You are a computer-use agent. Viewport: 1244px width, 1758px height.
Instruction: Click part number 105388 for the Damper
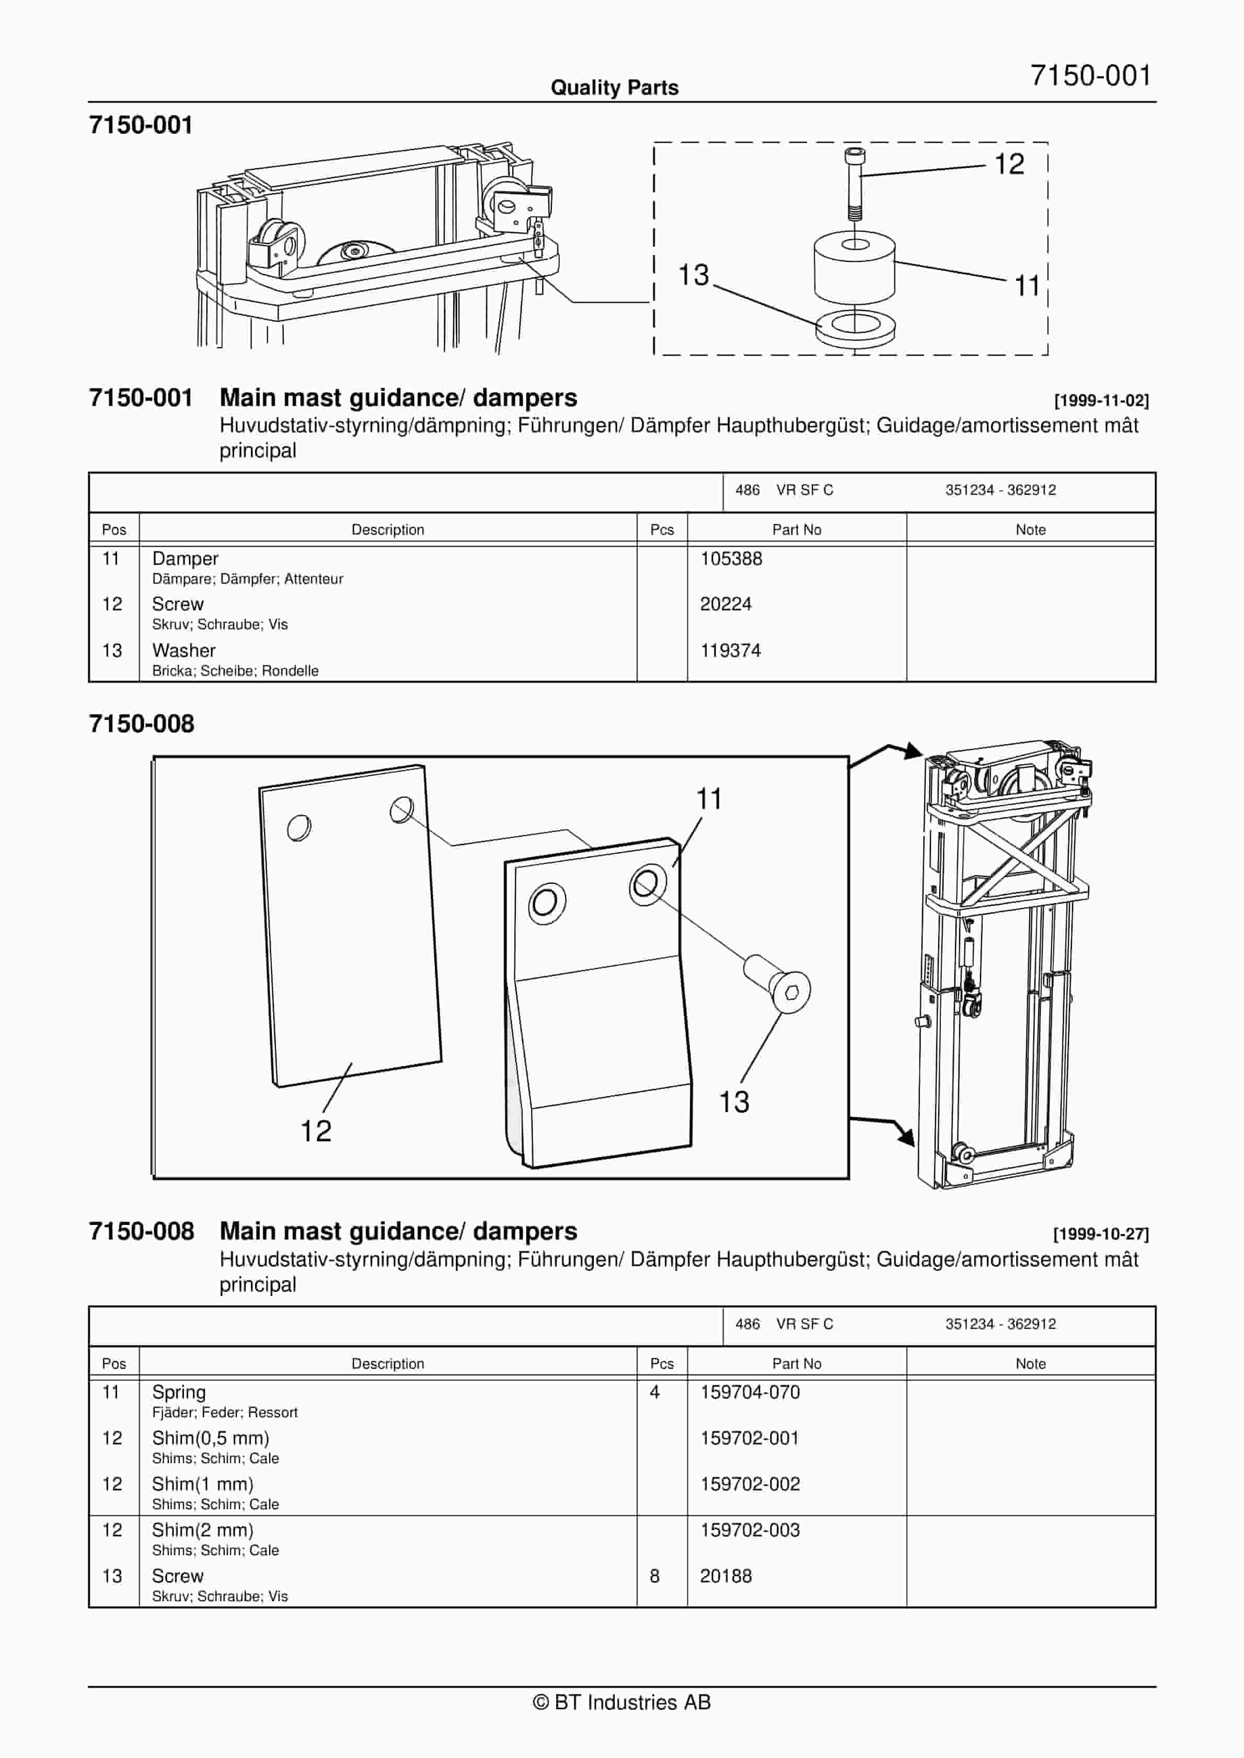pos(731,559)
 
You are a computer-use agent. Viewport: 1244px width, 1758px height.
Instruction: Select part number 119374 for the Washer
pos(730,651)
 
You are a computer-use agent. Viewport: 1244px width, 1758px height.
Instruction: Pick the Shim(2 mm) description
pos(202,1530)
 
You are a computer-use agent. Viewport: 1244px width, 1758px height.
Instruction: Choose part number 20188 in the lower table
pos(725,1576)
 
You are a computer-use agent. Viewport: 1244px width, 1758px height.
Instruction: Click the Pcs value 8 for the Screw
pos(654,1576)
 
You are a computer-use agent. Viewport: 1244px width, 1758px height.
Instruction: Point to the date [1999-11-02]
pos(1101,400)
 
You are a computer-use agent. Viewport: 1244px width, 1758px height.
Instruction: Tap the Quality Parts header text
pos(614,87)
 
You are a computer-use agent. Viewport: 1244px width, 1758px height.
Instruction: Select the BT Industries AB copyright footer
pos(622,1702)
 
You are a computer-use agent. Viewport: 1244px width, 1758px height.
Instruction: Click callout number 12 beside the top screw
pos(1009,164)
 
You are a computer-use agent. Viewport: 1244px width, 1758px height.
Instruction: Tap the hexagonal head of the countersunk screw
pos(791,992)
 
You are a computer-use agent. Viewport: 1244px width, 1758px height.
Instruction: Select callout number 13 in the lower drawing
pos(733,1102)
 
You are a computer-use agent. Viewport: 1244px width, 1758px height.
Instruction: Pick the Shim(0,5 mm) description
pos(210,1438)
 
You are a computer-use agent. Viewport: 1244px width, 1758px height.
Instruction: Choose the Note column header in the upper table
pos(1030,530)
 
